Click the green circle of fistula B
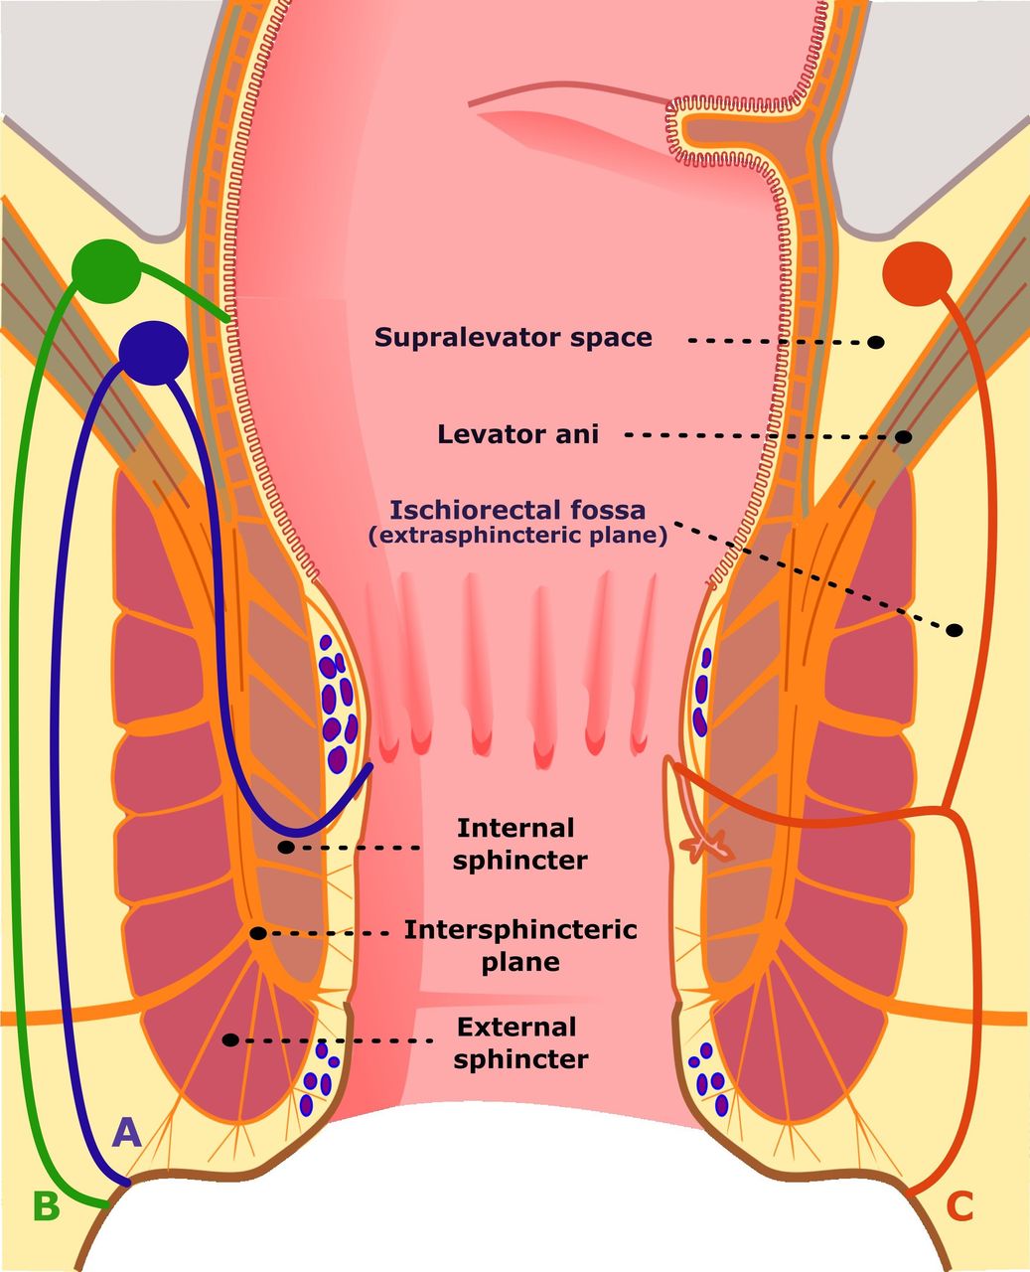tap(106, 269)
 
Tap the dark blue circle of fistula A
tap(153, 352)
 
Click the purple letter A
tap(127, 1132)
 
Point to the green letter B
tap(46, 1205)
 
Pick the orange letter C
tap(959, 1205)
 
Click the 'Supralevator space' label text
tap(513, 337)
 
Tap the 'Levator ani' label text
tap(517, 434)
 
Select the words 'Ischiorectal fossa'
tap(517, 511)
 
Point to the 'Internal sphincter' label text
tap(518, 844)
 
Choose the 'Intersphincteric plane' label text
tap(519, 945)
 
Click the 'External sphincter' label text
tap(519, 1042)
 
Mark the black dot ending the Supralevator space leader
tap(876, 342)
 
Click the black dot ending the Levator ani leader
tap(904, 436)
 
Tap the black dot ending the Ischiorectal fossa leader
tap(955, 630)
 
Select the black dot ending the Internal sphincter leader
tap(286, 848)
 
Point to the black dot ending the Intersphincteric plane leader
tap(257, 933)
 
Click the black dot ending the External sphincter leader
tap(230, 1039)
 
